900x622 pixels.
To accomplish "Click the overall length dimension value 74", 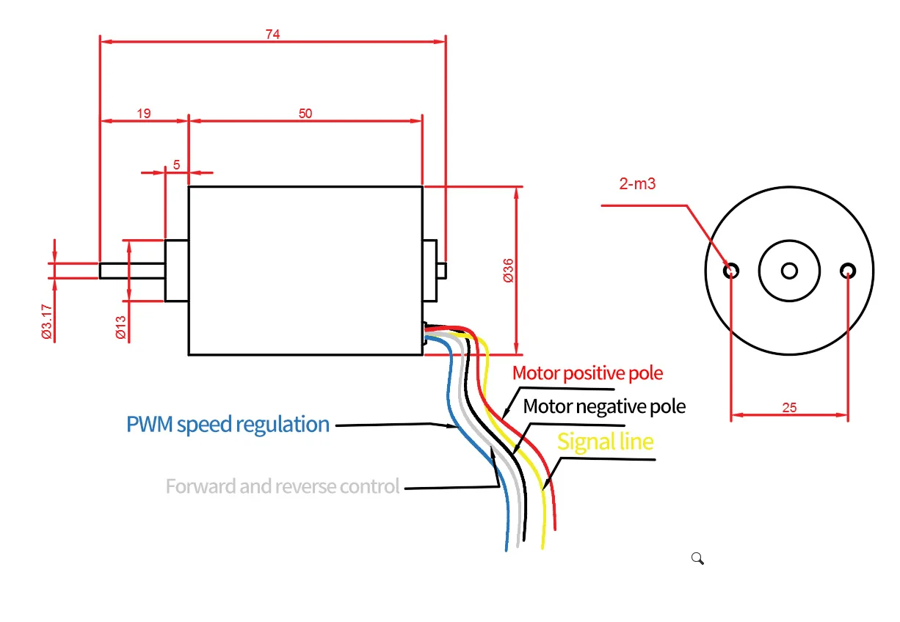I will pyautogui.click(x=273, y=34).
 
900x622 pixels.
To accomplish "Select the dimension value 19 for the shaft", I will pyautogui.click(x=144, y=113).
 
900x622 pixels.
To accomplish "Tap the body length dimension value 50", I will pyautogui.click(x=305, y=113).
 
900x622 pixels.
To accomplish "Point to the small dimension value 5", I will pyautogui.click(x=177, y=165).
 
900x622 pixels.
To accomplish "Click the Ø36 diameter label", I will pyautogui.click(x=508, y=271).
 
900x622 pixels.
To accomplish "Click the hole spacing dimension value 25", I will pyautogui.click(x=789, y=408).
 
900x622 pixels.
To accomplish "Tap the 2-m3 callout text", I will pyautogui.click(x=637, y=184).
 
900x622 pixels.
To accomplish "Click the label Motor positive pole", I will pyautogui.click(x=587, y=373).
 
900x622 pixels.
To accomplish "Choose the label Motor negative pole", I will pyautogui.click(x=604, y=406).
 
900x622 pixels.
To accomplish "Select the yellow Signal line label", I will pyautogui.click(x=605, y=442).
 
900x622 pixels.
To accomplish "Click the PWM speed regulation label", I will pyautogui.click(x=228, y=425).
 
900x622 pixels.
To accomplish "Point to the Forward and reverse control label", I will pyautogui.click(x=283, y=486).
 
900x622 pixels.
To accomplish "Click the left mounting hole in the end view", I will pyautogui.click(x=731, y=271).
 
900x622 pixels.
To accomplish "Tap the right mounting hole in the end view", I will pyautogui.click(x=848, y=271).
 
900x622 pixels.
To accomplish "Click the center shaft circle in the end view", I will pyautogui.click(x=789, y=271).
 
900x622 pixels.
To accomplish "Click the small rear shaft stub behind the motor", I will pyautogui.click(x=442, y=271).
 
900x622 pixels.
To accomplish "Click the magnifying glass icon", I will pyautogui.click(x=697, y=559).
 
